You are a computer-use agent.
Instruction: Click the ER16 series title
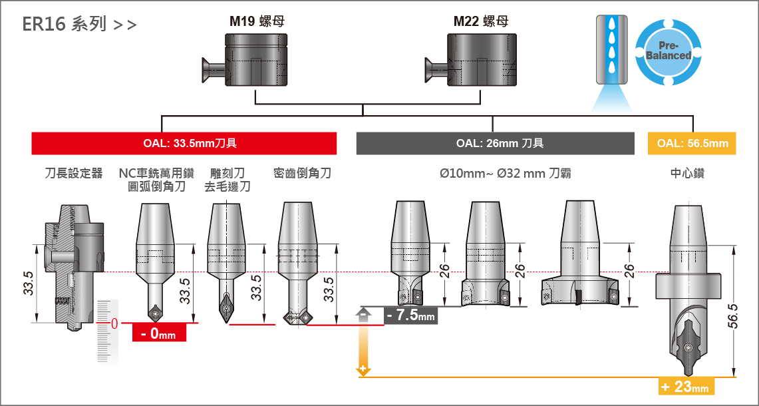click(x=79, y=25)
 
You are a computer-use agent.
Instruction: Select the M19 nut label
click(x=257, y=21)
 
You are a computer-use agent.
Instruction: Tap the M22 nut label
click(x=480, y=21)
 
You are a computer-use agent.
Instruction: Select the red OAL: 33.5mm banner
click(x=184, y=144)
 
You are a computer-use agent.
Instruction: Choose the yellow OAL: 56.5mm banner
click(x=692, y=144)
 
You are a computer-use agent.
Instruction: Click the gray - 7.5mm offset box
click(x=410, y=315)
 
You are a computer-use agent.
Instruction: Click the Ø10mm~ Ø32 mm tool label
click(x=505, y=174)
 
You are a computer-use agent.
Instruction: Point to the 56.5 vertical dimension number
click(x=732, y=315)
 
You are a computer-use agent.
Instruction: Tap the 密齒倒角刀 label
click(x=302, y=174)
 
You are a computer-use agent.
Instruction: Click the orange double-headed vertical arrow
click(x=363, y=340)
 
